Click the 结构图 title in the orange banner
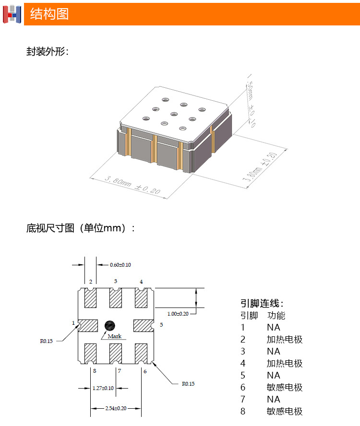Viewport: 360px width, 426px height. pyautogui.click(x=49, y=14)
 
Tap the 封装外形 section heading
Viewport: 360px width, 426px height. pyautogui.click(x=47, y=52)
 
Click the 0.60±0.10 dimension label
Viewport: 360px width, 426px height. pyautogui.click(x=120, y=265)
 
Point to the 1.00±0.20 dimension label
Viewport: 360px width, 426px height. pyautogui.click(x=178, y=314)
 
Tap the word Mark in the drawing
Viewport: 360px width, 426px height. pyautogui.click(x=115, y=336)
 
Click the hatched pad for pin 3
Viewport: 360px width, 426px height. pyautogui.click(x=116, y=298)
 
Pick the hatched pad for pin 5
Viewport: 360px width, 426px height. pyautogui.click(x=143, y=325)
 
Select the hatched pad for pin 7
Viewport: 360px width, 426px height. pyautogui.click(x=116, y=353)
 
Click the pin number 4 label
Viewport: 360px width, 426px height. pyautogui.click(x=141, y=282)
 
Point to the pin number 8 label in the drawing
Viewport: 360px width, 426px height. pyautogui.click(x=95, y=371)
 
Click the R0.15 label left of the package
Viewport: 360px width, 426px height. pyautogui.click(x=46, y=341)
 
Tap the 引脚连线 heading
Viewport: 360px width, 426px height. pyautogui.click(x=262, y=304)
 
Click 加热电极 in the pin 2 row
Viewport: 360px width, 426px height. pyautogui.click(x=285, y=340)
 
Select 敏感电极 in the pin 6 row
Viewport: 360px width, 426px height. pyautogui.click(x=285, y=388)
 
